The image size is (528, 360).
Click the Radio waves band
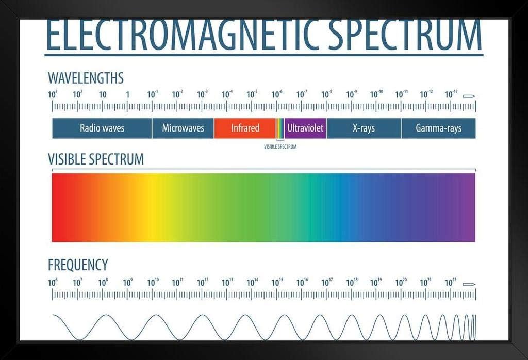pyautogui.click(x=102, y=128)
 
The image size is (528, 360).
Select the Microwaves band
pyautogui.click(x=183, y=128)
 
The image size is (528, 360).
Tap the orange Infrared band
pyautogui.click(x=245, y=128)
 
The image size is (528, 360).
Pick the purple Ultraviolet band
pyautogui.click(x=305, y=128)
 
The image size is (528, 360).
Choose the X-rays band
pyautogui.click(x=364, y=128)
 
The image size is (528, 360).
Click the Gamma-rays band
pyautogui.click(x=438, y=128)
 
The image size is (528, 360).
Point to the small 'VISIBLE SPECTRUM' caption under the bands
pyautogui.click(x=280, y=146)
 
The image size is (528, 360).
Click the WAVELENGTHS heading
pyautogui.click(x=86, y=78)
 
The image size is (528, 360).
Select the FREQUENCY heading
pyautogui.click(x=78, y=265)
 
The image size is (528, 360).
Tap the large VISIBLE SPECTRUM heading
pyautogui.click(x=95, y=159)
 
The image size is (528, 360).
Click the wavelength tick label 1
pyautogui.click(x=128, y=94)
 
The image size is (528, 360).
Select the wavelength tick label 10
pyautogui.click(x=103, y=94)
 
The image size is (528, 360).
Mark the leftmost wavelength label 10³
pyautogui.click(x=53, y=94)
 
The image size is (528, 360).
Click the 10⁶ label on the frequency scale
pyautogui.click(x=53, y=282)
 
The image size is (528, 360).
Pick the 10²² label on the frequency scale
pyautogui.click(x=450, y=282)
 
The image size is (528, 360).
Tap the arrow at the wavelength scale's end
pyautogui.click(x=469, y=96)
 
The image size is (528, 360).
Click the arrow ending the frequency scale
pyautogui.click(x=469, y=284)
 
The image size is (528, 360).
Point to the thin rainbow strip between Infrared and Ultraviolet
pyautogui.click(x=280, y=128)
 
